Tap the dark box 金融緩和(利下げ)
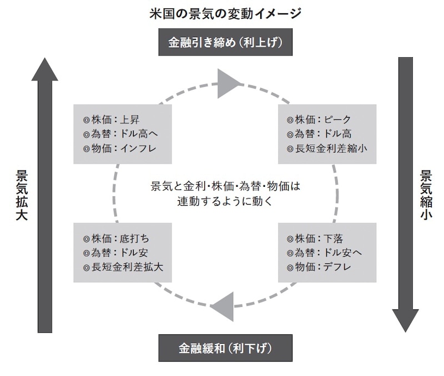pyautogui.click(x=225, y=348)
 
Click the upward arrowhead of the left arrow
pyautogui.click(x=45, y=69)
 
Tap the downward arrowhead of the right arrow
pyautogui.click(x=406, y=320)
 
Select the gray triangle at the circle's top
pyautogui.click(x=229, y=83)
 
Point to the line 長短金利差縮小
pyautogui.click(x=327, y=148)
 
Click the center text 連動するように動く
pyautogui.click(x=225, y=201)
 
